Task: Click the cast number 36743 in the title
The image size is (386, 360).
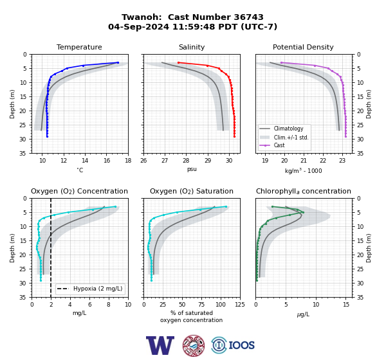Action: coord(248,17)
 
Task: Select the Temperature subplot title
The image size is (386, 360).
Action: coord(79,47)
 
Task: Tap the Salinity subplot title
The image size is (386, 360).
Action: coord(192,47)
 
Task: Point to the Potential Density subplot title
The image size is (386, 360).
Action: coord(303,47)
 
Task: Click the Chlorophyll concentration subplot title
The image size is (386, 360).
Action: coord(303,191)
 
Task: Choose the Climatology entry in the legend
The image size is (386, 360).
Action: coord(288,129)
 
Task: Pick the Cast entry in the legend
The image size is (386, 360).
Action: coord(279,145)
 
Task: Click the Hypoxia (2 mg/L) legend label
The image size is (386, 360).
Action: coord(98,289)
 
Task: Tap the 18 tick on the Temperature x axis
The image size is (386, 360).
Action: coord(128,161)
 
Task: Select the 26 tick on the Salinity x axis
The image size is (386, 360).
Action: coord(143,161)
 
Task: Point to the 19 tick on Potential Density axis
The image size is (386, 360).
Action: coord(265,161)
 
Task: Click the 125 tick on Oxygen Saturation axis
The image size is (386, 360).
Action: coord(240,304)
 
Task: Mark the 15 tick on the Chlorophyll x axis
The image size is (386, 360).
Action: coord(346,304)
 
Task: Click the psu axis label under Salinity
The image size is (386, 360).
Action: coord(192,169)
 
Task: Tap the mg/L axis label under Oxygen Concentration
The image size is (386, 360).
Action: coord(79,313)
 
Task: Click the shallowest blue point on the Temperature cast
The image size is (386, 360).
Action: coord(118,62)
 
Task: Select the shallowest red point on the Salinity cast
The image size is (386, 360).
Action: coord(178,62)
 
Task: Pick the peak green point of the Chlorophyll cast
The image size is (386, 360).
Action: coord(303,212)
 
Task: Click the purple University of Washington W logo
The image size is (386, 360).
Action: coord(160,345)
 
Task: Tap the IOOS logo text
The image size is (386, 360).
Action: coord(241,345)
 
